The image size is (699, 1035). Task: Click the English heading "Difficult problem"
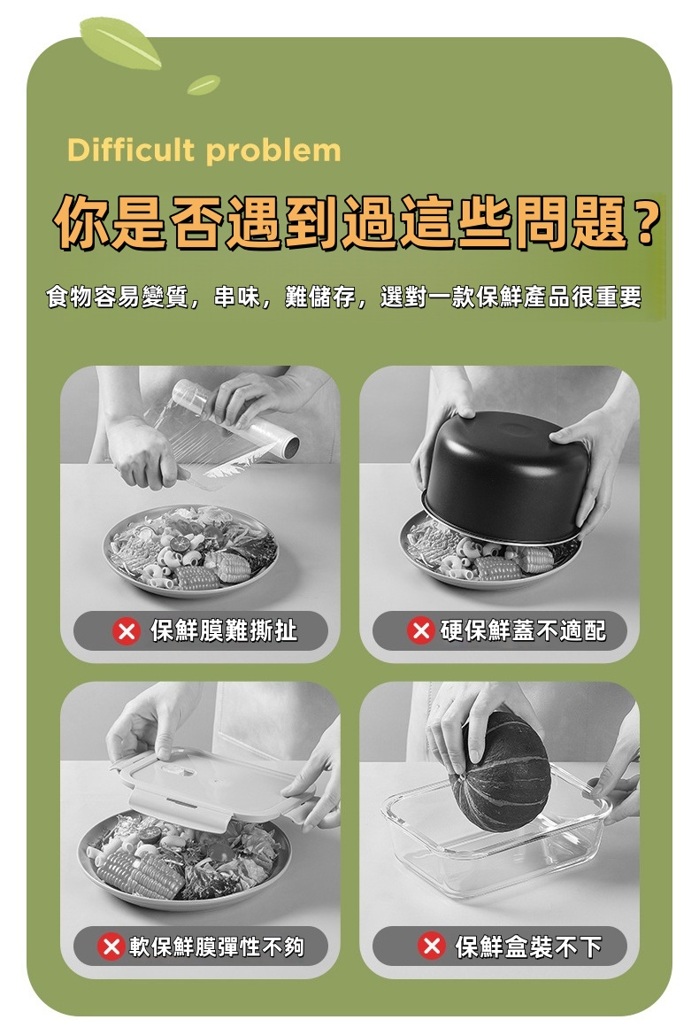point(204,151)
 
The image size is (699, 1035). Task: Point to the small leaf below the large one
point(204,84)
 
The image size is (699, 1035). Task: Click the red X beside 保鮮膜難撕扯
point(126,631)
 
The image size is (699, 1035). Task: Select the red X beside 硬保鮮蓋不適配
point(420,630)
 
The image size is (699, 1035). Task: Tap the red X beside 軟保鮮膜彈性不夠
point(111,946)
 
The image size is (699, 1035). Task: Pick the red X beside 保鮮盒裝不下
point(432,946)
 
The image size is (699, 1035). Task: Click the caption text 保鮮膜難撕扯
point(224,631)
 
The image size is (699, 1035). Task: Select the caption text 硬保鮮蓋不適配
point(524,631)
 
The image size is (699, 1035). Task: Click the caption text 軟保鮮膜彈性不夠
point(217,946)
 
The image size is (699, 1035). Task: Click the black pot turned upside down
point(506,476)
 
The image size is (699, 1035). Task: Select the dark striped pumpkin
point(499,770)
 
